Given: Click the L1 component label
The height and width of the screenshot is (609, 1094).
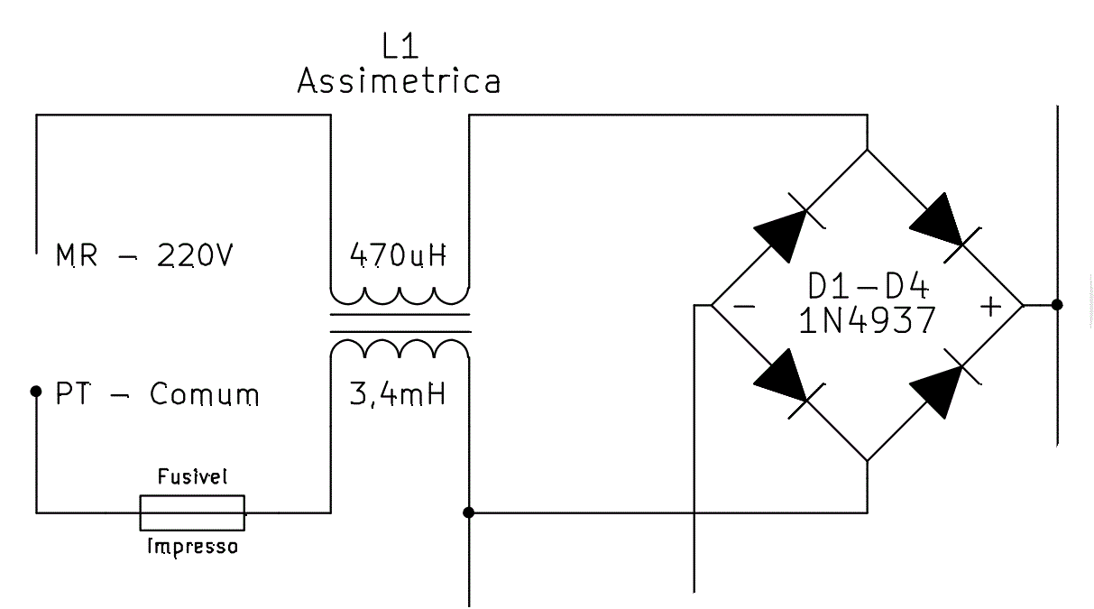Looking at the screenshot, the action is pos(400,46).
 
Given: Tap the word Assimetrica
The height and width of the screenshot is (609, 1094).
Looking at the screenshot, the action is pos(399,80).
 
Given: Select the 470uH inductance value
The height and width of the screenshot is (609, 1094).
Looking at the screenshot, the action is pos(398,255).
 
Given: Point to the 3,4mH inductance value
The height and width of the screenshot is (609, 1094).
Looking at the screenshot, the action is pos(398,394).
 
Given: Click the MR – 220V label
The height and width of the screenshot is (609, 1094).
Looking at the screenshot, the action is pos(144,255).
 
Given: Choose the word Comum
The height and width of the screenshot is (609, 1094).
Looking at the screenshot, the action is pos(204,394).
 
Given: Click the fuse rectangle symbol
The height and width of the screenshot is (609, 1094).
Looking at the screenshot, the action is pos(192,512).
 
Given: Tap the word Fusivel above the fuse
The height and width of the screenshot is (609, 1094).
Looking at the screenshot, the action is pos(192,476).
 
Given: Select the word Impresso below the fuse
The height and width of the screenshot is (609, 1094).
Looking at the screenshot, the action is pos(192,547).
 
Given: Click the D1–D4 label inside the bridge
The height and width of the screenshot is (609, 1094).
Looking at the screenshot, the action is pos(868,286).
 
